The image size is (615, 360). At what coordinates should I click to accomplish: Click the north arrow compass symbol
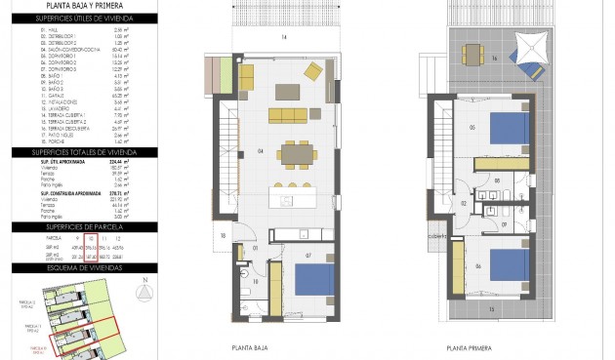point(143,293)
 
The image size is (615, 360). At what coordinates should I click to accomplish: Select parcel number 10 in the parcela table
point(90,237)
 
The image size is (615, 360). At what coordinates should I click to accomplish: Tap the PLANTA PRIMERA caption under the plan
point(468,346)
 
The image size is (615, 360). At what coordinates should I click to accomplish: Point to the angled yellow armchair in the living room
point(314,71)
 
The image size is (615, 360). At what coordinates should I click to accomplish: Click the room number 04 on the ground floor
point(233,151)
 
